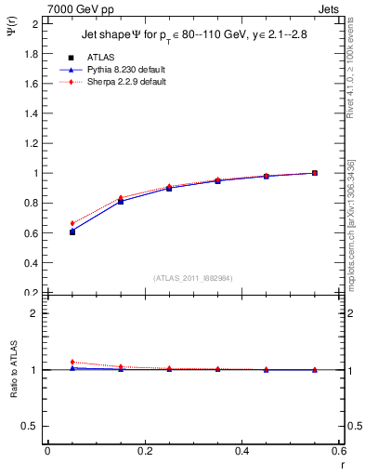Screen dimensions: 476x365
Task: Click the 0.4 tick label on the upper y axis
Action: (x=33, y=263)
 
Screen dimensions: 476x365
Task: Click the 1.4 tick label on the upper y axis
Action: (x=33, y=113)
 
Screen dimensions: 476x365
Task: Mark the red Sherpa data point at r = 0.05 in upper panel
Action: (x=72, y=223)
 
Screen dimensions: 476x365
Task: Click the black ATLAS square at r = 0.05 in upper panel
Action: (x=72, y=231)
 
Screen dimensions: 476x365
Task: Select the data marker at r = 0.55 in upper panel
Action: (x=315, y=173)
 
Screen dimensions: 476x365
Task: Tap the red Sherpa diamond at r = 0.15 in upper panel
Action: (x=121, y=198)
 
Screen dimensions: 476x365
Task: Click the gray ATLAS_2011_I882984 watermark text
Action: (x=192, y=278)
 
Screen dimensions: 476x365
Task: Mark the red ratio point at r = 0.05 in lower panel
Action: (x=72, y=362)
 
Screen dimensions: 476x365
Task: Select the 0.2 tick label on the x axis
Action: (x=144, y=451)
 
